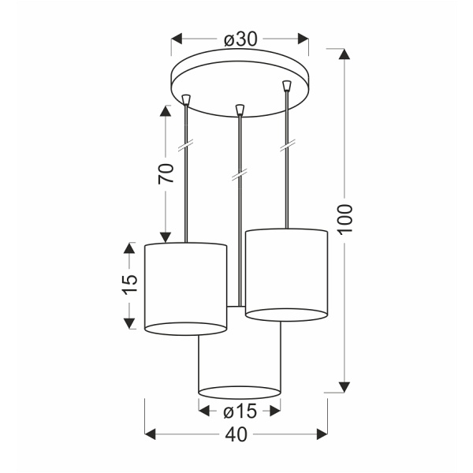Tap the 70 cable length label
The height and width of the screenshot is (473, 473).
[166, 173]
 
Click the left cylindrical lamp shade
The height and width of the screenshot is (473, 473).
[186, 288]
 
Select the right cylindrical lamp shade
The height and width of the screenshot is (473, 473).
[285, 272]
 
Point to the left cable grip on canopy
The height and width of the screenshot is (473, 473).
[186, 99]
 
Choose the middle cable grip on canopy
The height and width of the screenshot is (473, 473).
[239, 109]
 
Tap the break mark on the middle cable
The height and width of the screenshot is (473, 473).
[238, 174]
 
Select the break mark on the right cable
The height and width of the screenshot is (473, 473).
[288, 145]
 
